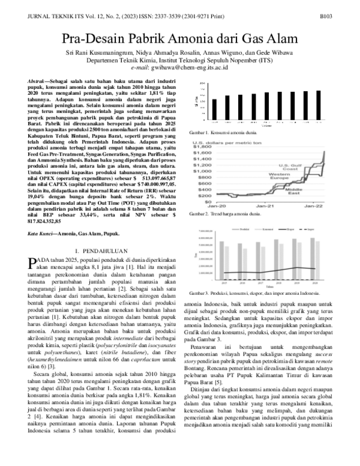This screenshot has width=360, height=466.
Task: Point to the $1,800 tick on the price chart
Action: point(203,147)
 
